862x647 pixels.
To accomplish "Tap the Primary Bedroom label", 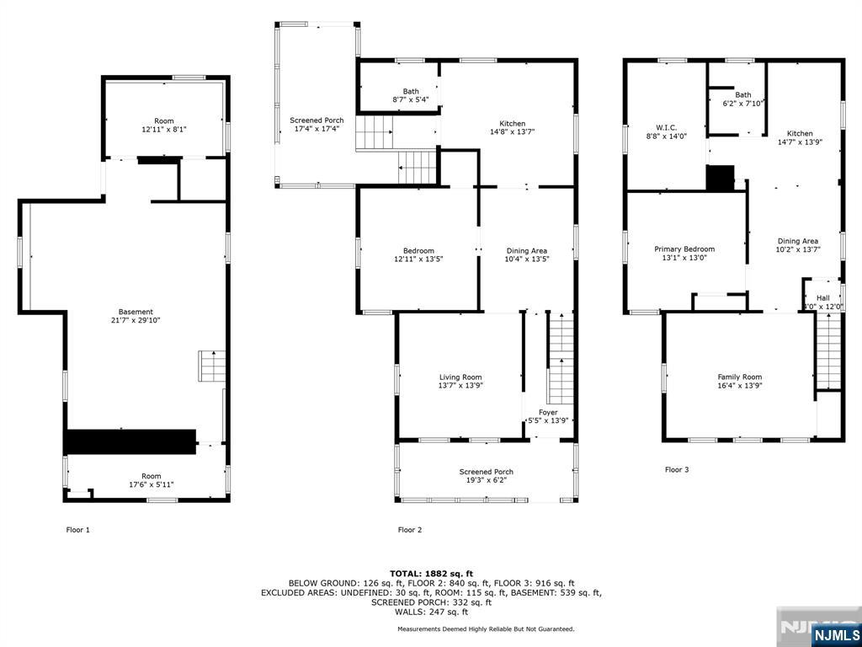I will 684,249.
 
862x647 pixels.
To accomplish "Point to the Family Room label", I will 739,377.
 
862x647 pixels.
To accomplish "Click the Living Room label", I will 460,377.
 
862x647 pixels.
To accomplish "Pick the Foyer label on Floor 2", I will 548,412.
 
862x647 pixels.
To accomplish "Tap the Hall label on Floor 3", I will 822,297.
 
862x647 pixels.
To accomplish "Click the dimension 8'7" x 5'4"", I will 411,99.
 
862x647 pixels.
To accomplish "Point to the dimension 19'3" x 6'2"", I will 486,480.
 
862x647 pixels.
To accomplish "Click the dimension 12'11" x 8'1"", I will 164,130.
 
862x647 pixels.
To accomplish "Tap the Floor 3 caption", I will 677,469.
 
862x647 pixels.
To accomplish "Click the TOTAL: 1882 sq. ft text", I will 431,574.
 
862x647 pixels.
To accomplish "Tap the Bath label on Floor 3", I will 742,95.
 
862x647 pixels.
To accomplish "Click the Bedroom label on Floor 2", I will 418,250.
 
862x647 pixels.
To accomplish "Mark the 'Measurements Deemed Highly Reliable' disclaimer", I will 486,628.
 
